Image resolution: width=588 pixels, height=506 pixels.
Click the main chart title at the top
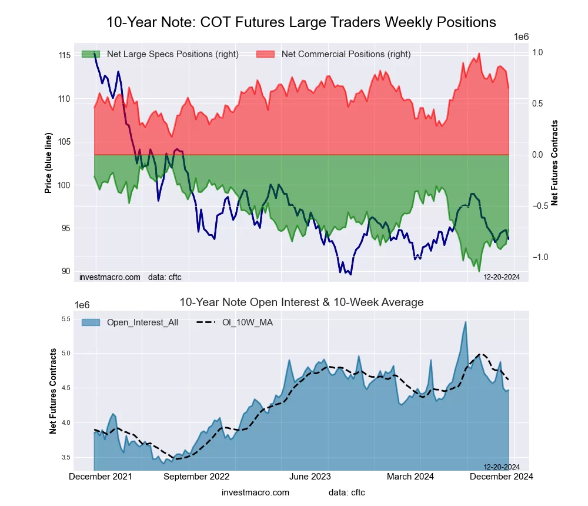(301, 22)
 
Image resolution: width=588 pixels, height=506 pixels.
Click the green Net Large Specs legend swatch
(91, 54)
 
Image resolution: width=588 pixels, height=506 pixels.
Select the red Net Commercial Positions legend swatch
(265, 54)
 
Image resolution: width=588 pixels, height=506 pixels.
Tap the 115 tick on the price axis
(65, 55)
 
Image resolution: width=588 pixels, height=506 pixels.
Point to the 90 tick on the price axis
(66, 271)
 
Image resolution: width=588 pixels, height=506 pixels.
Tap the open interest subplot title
(301, 302)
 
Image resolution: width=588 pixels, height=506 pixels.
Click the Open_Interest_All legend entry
(142, 322)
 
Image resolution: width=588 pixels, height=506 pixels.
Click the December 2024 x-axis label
(500, 477)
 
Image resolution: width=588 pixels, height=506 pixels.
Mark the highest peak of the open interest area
(466, 322)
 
